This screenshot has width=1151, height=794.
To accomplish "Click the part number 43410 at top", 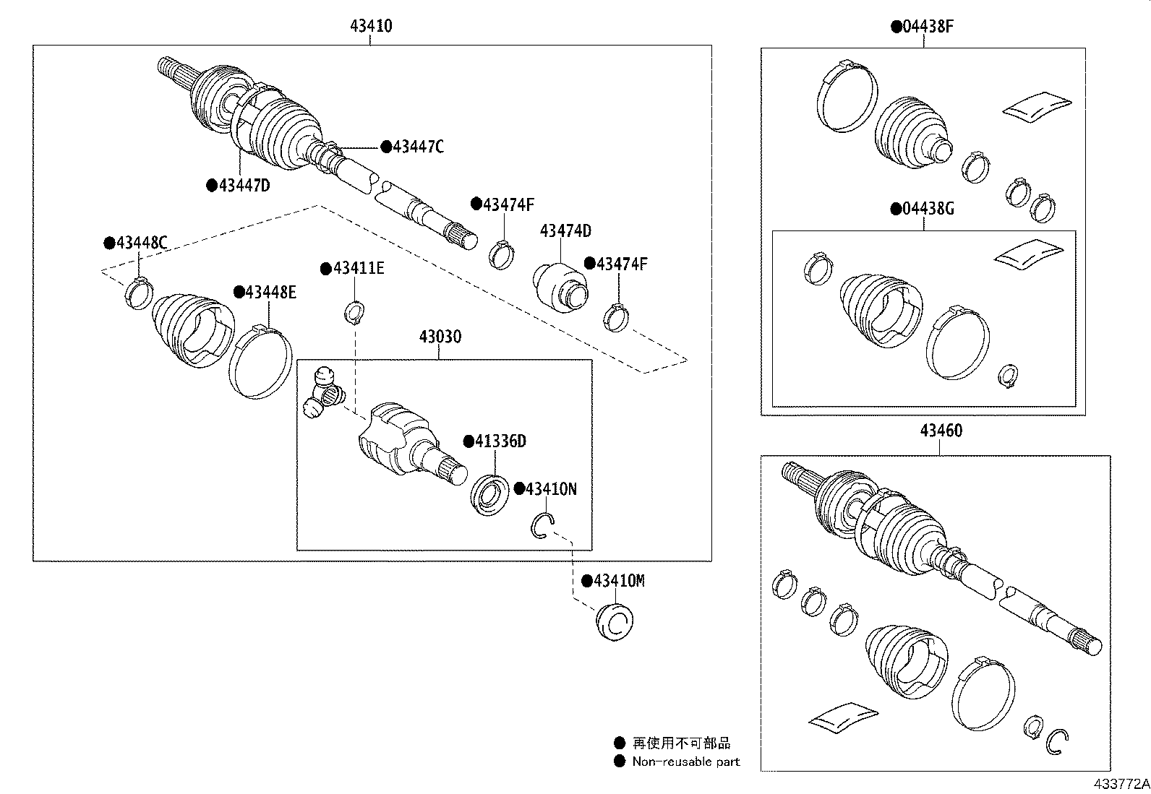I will [x=371, y=27].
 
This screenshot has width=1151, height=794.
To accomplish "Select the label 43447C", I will [x=417, y=147].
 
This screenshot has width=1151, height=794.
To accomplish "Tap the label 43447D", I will [x=244, y=186].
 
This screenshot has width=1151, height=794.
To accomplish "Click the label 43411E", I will [x=358, y=269].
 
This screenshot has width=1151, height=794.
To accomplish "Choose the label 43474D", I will [x=565, y=231].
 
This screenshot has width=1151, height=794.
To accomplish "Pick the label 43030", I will [x=440, y=337].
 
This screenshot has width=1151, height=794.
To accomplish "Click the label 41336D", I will [x=500, y=441].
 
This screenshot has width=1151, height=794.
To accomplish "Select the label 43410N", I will [x=550, y=489].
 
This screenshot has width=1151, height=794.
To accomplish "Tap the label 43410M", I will [x=618, y=581].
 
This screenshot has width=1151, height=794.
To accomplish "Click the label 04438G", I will [x=928, y=210].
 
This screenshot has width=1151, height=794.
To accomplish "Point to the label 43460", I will [x=941, y=431].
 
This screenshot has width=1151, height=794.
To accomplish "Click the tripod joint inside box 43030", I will [x=325, y=393].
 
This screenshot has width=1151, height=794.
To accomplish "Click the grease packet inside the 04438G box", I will [x=1028, y=254].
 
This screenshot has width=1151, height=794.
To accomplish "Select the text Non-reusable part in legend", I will [x=685, y=761].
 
